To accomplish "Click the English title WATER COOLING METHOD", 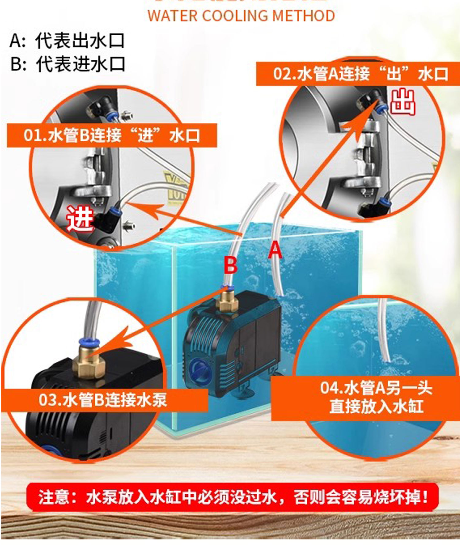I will [x=241, y=16].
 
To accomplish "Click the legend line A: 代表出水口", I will [x=67, y=41].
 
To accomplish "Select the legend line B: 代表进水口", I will [x=67, y=64].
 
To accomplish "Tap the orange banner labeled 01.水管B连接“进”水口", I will [x=112, y=135].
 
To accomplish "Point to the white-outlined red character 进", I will [x=79, y=218].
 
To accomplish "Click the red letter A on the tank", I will [x=275, y=250].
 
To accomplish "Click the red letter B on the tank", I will [x=230, y=265].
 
